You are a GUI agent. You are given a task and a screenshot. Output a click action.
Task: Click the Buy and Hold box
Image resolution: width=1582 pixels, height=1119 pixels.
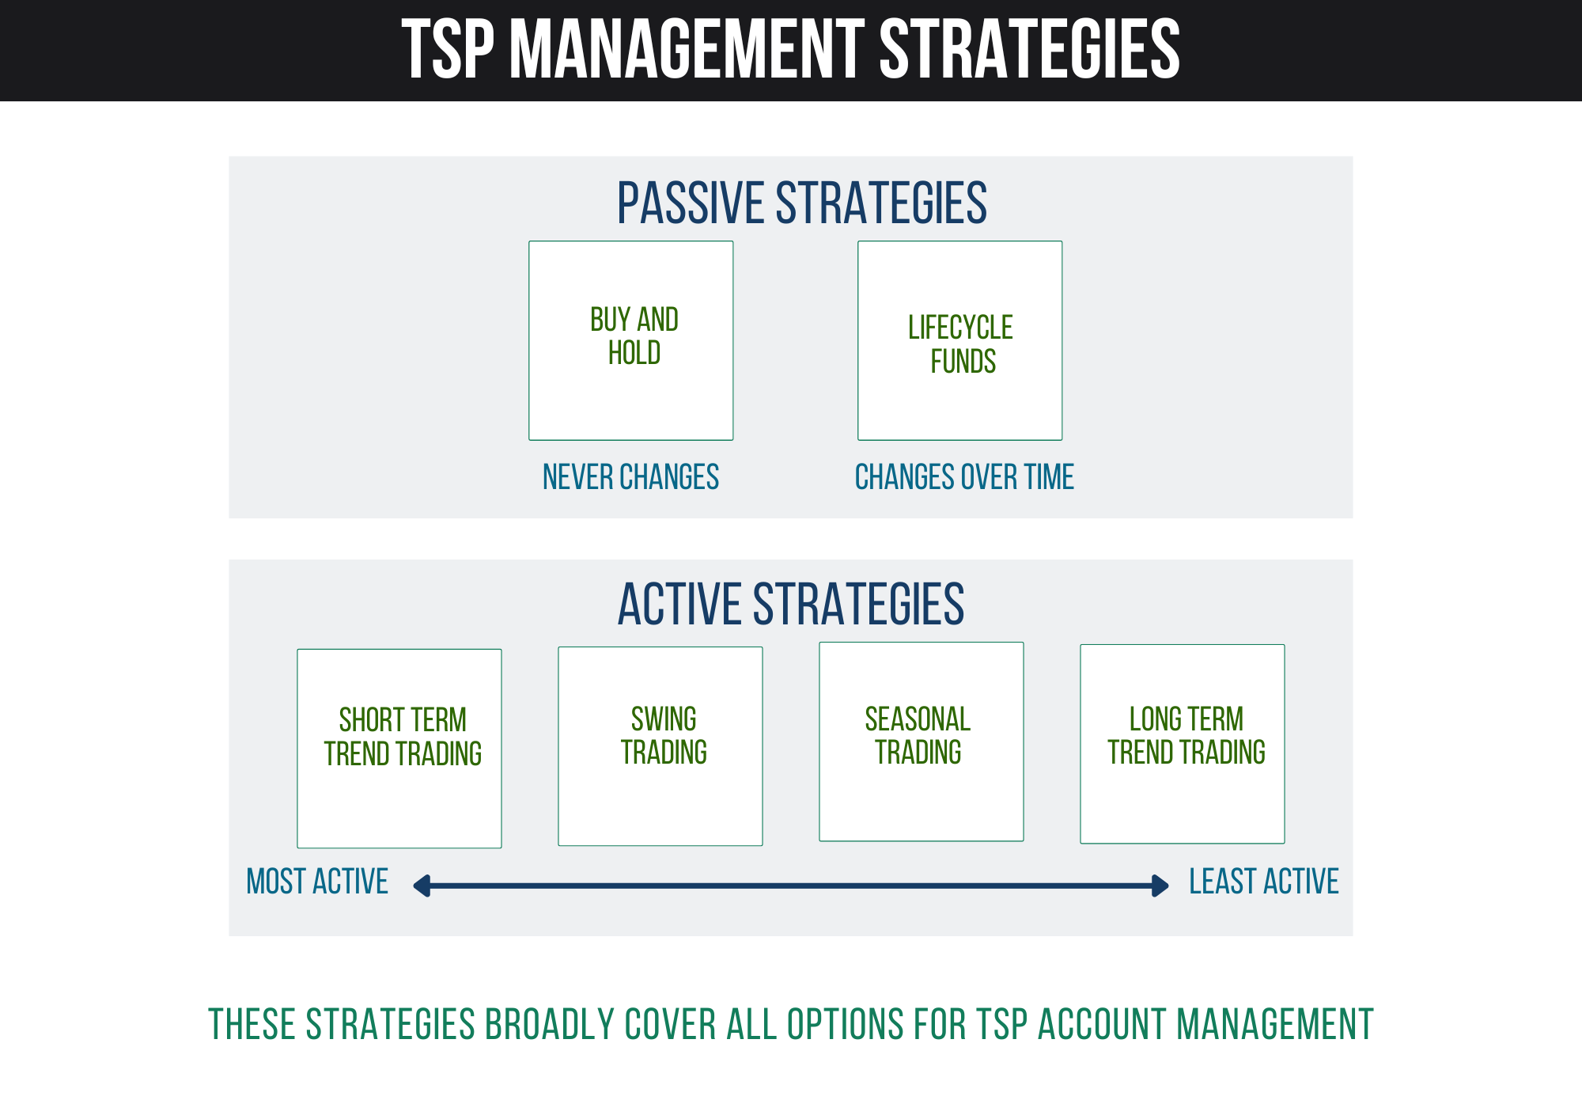click(x=631, y=340)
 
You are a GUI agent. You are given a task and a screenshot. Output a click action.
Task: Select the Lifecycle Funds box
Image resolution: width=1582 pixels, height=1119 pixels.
click(x=960, y=340)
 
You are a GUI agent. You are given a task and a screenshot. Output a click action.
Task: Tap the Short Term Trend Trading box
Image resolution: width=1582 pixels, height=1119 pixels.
click(x=399, y=749)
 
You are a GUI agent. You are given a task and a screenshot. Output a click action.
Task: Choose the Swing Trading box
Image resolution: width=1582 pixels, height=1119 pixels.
click(x=660, y=746)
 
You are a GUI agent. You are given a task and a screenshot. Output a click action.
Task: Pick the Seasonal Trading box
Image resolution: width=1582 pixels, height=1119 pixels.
click(x=922, y=742)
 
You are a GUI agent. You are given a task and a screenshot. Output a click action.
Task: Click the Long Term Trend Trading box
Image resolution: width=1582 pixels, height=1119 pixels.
click(x=1183, y=744)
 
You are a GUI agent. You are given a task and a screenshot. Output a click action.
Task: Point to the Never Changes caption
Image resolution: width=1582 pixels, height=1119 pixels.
click(x=630, y=477)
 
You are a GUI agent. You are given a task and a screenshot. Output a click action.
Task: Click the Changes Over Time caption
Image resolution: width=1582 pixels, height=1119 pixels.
click(x=964, y=477)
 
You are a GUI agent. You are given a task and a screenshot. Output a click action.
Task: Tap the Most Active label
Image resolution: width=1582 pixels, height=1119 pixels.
click(x=317, y=882)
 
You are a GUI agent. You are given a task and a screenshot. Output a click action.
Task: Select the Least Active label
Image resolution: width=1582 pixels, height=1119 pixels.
click(x=1264, y=882)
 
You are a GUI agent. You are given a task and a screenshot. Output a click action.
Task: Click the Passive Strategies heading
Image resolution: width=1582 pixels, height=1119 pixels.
click(x=802, y=203)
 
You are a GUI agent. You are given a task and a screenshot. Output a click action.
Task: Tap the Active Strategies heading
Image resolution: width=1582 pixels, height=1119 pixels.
click(x=791, y=605)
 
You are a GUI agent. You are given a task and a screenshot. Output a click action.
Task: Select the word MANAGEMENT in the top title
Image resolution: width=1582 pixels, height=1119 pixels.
click(x=687, y=49)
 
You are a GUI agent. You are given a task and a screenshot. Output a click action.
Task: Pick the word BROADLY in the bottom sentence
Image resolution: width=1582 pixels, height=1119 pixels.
click(x=550, y=1025)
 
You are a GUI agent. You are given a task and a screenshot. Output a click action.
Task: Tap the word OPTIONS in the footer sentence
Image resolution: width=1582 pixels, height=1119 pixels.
click(x=846, y=1025)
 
